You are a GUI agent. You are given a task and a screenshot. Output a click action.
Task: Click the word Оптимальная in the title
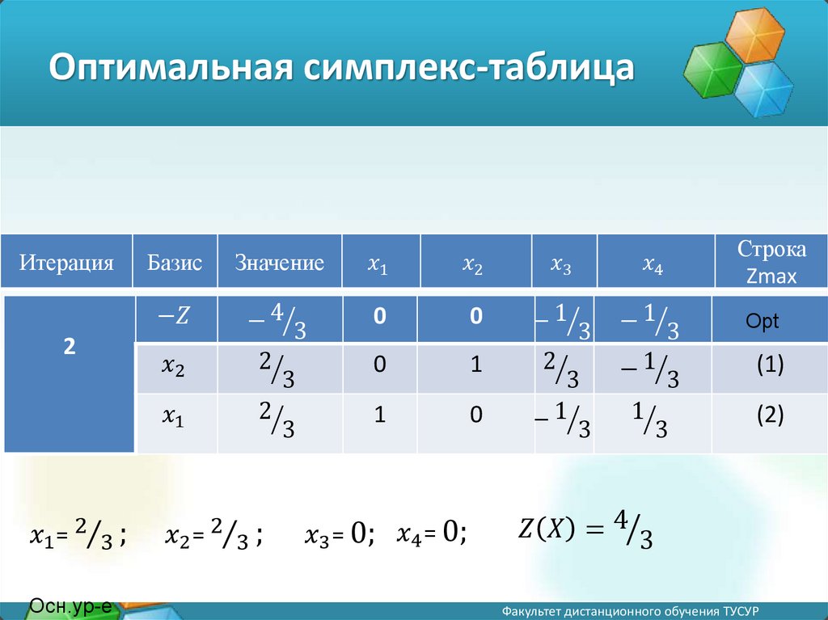[171, 66]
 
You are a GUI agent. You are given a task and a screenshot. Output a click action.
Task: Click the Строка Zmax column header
[771, 262]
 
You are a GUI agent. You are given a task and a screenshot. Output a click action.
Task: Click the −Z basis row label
[174, 316]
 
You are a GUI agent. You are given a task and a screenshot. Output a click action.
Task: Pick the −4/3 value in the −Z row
[278, 320]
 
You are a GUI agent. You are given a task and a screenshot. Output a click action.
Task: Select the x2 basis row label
[173, 365]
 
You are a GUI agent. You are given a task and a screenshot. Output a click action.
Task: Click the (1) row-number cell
[770, 365]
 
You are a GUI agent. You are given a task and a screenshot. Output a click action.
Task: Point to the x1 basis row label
[173, 416]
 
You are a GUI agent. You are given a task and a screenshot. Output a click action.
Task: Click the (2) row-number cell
[770, 415]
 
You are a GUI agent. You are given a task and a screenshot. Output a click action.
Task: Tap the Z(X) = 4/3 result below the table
[585, 530]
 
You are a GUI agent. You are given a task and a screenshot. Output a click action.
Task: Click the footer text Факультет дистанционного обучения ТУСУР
[631, 612]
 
